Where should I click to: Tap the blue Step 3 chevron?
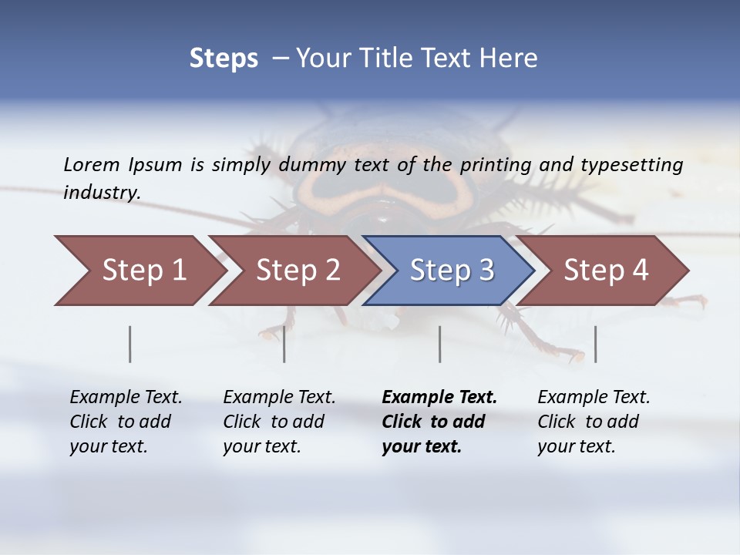coord(451,271)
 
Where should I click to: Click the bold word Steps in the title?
coord(224,59)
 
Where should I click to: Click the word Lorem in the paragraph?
coord(92,164)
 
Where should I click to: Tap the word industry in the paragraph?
coord(101,193)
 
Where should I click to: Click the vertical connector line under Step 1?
coord(129,344)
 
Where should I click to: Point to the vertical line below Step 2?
coord(284,344)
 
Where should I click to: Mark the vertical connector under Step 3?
coord(439,344)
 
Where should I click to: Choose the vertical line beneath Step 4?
coord(595,344)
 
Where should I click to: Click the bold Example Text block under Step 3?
coord(439,422)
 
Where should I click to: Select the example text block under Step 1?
coord(126,422)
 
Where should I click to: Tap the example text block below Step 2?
coord(279,422)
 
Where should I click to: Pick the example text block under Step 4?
coord(594,422)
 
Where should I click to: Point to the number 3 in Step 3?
coord(486,271)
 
